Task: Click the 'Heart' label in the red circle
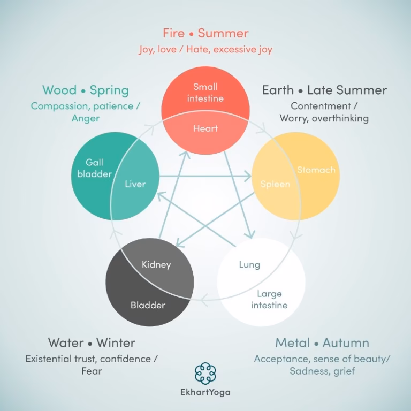pyautogui.click(x=205, y=128)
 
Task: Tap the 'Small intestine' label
pyautogui.click(x=205, y=93)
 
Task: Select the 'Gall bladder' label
pyautogui.click(x=94, y=168)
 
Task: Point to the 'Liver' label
pyautogui.click(x=135, y=184)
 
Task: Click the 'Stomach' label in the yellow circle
pyautogui.click(x=316, y=170)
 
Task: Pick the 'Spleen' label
pyautogui.click(x=276, y=184)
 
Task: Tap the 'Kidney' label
pyautogui.click(x=156, y=265)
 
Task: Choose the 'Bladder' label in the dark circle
pyautogui.click(x=148, y=305)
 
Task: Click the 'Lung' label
pyautogui.click(x=249, y=265)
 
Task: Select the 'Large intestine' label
pyautogui.click(x=269, y=300)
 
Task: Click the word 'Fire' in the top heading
pyautogui.click(x=173, y=33)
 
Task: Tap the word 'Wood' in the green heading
pyautogui.click(x=59, y=90)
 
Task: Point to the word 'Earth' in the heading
pyautogui.click(x=278, y=90)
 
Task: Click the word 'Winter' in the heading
pyautogui.click(x=116, y=343)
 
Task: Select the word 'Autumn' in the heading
pyautogui.click(x=346, y=343)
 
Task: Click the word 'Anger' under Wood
pyautogui.click(x=86, y=118)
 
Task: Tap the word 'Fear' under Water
pyautogui.click(x=92, y=371)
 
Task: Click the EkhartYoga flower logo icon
pyautogui.click(x=205, y=373)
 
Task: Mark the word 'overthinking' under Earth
pyautogui.click(x=340, y=118)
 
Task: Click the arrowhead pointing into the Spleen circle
pyautogui.click(x=248, y=176)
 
